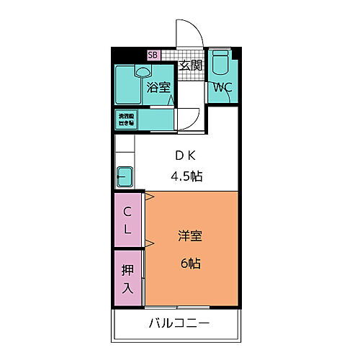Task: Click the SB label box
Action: pyautogui.click(x=152, y=55)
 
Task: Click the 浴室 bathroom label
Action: pyautogui.click(x=158, y=88)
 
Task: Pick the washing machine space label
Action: pyautogui.click(x=127, y=119)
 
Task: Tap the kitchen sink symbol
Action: pyautogui.click(x=124, y=175)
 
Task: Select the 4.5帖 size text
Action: pyautogui.click(x=185, y=175)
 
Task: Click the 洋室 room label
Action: pyautogui.click(x=190, y=235)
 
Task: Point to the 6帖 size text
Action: pyautogui.click(x=190, y=263)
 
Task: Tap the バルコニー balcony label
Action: pyautogui.click(x=180, y=323)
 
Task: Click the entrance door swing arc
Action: pyautogui.click(x=186, y=32)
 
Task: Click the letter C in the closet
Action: pyautogui.click(x=127, y=211)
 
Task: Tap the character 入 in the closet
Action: pyautogui.click(x=127, y=289)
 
